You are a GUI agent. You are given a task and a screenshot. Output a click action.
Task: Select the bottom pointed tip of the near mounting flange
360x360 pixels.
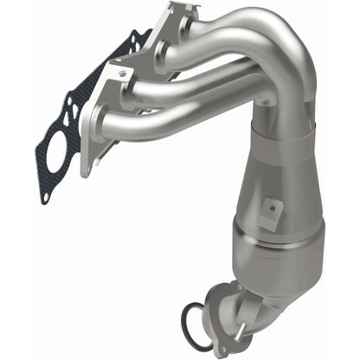click(x=86, y=174)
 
